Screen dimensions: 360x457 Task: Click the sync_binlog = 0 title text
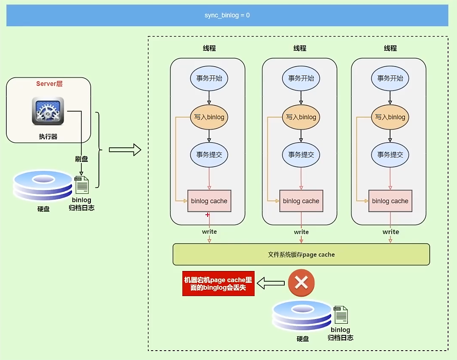[227, 15]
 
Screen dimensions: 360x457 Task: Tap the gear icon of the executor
[48, 111]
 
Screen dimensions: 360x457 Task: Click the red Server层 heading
[49, 84]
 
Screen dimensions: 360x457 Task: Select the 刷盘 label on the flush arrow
[81, 159]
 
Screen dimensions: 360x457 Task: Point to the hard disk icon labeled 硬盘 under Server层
[43, 185]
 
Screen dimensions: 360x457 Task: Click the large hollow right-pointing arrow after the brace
[124, 150]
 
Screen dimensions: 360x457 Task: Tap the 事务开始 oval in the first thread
[209, 78]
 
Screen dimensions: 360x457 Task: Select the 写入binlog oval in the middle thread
[301, 117]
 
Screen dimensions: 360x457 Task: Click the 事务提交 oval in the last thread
[390, 155]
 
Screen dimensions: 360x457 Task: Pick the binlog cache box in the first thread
[209, 201]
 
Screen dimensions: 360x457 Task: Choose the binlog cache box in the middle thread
[301, 201]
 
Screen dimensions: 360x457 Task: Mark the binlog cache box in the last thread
[390, 201]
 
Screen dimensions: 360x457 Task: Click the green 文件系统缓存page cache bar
[301, 254]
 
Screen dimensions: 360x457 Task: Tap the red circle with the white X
[301, 282]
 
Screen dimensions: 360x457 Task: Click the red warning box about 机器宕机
[218, 284]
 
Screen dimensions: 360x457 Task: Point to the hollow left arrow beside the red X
[271, 282]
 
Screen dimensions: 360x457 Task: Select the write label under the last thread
[390, 232]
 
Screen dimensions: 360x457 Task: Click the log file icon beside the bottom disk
[341, 315]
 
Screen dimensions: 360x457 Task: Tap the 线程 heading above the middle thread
[300, 48]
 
